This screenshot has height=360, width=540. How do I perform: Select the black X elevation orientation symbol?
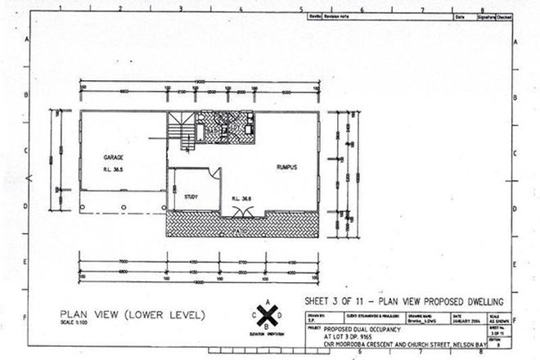tap(266, 314)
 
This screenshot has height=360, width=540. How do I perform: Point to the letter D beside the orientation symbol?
tap(279, 314)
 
